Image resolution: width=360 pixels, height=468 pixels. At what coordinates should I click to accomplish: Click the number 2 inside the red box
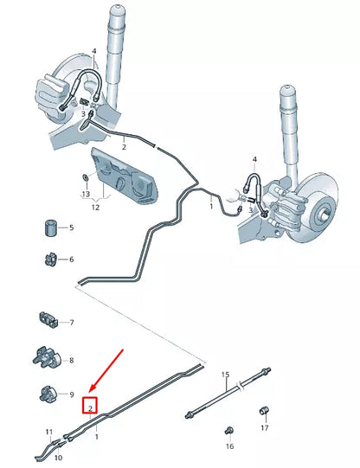pos(89,404)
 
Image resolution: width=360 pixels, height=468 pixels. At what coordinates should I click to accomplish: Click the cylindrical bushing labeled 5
pos(51,228)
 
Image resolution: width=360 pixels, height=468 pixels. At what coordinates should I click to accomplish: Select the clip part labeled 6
pos(50,259)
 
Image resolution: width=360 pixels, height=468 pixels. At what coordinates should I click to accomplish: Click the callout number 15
pos(226,375)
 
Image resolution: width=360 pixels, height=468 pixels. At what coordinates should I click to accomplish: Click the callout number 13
pos(85,195)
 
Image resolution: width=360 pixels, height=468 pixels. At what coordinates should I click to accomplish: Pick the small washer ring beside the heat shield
pos(84,177)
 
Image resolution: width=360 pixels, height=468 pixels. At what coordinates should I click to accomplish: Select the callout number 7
pos(72,322)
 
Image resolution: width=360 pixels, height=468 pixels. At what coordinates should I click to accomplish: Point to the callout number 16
pos(229,446)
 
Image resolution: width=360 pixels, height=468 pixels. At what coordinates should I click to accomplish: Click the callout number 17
pos(265,427)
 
